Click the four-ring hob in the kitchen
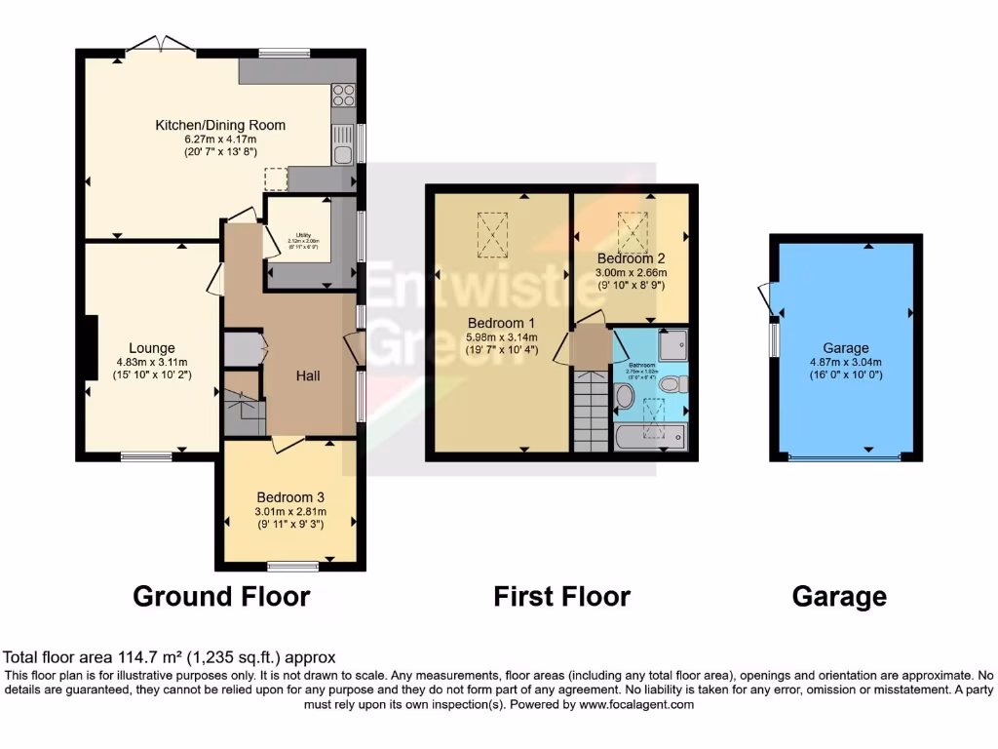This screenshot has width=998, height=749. pos(343,95)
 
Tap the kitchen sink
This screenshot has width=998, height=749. pos(343,152)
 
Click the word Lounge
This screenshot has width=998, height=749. pos(152,347)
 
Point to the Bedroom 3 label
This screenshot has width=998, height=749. pos(290,496)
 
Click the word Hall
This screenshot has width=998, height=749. pos(308,375)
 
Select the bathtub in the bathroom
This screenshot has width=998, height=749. pos(652,435)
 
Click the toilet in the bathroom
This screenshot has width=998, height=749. pos(679,384)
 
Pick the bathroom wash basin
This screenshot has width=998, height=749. pos(625,396)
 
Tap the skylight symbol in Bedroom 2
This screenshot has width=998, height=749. pos(633,227)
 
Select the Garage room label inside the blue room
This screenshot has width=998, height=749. pos(845,347)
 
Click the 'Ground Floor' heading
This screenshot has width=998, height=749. pos(221,596)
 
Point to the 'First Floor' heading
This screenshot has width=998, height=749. pos(562,596)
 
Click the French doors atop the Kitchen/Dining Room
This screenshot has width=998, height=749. pos(158,44)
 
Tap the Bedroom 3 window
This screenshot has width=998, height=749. pos(292,566)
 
